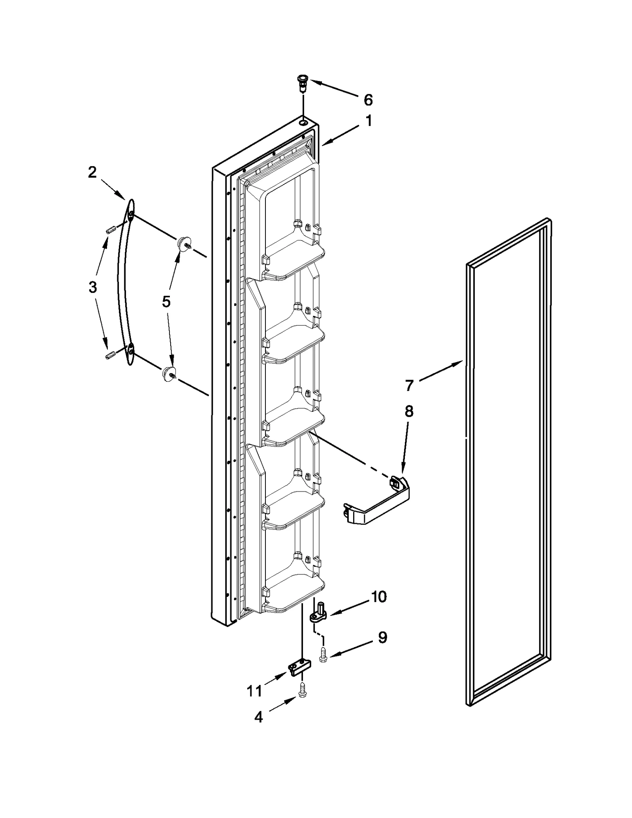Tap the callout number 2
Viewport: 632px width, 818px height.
click(x=92, y=173)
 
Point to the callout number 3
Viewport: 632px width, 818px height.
click(x=92, y=287)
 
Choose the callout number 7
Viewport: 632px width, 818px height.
click(x=409, y=385)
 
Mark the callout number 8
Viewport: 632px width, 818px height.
click(x=409, y=411)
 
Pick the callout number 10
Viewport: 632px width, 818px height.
click(x=379, y=597)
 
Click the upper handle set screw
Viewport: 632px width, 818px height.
click(x=111, y=229)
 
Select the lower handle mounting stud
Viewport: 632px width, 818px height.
click(x=169, y=373)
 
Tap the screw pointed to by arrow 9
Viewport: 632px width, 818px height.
click(x=323, y=656)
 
